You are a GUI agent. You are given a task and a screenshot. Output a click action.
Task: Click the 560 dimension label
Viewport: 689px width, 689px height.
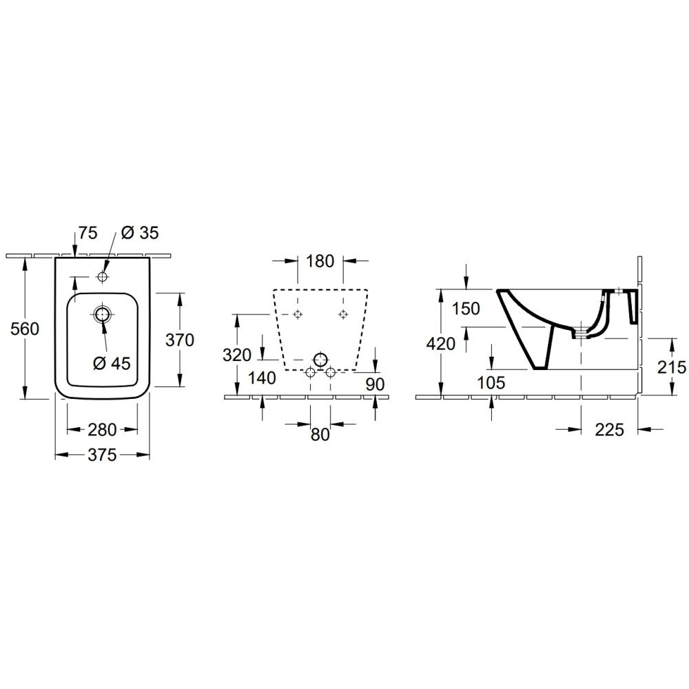coord(25,329)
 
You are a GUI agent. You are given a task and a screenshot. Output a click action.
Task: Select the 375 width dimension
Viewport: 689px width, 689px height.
coord(102,455)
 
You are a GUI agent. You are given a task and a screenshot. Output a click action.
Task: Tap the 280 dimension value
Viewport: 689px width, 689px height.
coord(102,430)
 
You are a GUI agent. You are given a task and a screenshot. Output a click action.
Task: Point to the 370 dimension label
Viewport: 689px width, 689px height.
coord(180,340)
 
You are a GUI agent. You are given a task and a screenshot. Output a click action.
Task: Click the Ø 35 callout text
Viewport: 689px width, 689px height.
coord(140,232)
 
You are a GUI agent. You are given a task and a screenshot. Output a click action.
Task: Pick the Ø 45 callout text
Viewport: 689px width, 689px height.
coord(112,363)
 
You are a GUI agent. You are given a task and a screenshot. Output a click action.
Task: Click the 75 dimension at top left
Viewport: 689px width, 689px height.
coord(88,233)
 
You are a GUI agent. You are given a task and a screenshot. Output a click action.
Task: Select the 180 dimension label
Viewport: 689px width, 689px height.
coord(320,261)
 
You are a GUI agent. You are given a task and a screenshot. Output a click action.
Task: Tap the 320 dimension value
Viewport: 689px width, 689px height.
coord(237,355)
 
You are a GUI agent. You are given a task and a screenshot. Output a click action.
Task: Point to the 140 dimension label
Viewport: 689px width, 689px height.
coord(263,378)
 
